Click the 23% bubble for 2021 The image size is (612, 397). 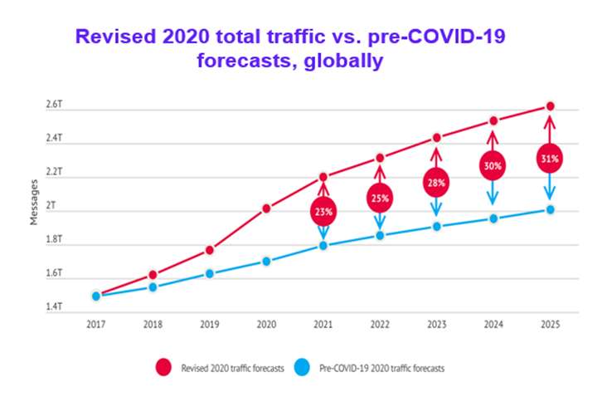[x=323, y=212]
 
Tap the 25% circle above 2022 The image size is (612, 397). [x=380, y=198]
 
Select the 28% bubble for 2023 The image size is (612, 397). [x=437, y=182]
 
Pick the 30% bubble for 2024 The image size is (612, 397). [x=493, y=166]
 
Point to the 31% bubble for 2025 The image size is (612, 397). [x=549, y=158]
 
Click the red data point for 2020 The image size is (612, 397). [x=266, y=208]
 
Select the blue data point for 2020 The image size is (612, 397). [x=266, y=261]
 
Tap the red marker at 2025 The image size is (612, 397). [x=549, y=106]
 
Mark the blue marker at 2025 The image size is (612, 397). [x=549, y=209]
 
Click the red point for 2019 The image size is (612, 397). [x=210, y=250]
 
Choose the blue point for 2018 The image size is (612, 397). [x=153, y=287]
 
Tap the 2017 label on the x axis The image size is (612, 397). [x=96, y=325]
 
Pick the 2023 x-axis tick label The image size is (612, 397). [x=437, y=325]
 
